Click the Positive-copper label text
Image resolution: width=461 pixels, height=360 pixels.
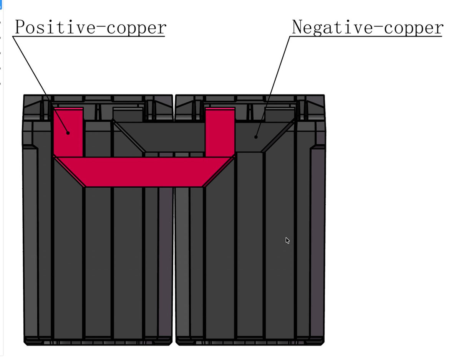tap(91, 27)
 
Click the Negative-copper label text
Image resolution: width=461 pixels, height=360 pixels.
tap(368, 27)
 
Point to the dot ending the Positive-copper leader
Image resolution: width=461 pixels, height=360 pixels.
tap(68, 133)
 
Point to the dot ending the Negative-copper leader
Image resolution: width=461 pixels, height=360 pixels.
tap(256, 137)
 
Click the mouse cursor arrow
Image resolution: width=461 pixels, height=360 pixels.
tap(287, 241)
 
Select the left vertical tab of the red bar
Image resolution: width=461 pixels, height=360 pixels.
tap(68, 132)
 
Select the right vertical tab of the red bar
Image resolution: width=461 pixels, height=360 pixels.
tap(220, 132)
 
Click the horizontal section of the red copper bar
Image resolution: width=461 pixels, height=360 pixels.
tap(144, 172)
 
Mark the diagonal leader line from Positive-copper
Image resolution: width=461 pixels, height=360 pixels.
tap(40, 85)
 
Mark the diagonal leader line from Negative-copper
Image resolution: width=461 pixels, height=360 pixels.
tap(273, 87)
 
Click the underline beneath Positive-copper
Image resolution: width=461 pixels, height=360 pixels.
tap(89, 36)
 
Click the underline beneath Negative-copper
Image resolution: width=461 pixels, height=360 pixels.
tap(366, 36)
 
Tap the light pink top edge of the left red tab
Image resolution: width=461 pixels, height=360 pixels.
tap(68, 109)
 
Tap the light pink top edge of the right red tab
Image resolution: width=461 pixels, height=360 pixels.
tap(220, 109)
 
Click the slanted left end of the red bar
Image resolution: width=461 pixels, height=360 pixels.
tap(69, 171)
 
